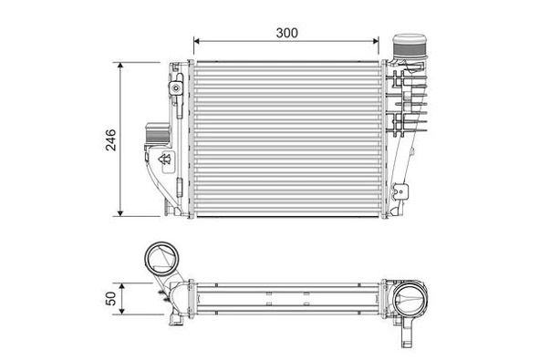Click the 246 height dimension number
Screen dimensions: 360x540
(110, 139)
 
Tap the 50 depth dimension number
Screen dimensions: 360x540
(110, 299)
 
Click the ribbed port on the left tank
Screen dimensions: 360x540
(153, 137)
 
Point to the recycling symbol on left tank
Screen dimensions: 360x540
(165, 160)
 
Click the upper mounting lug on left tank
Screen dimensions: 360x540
(173, 88)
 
